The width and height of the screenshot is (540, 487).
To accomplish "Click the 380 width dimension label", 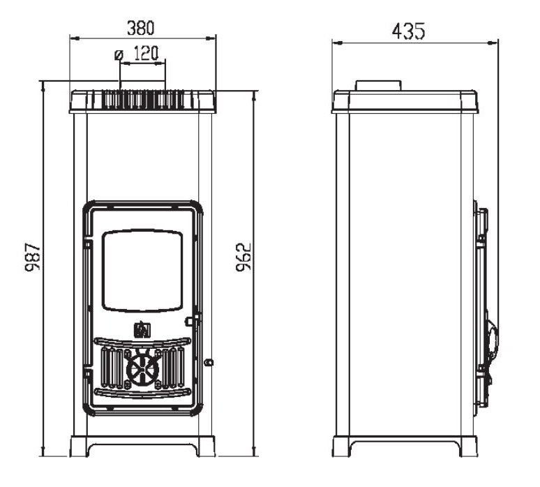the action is (141, 28).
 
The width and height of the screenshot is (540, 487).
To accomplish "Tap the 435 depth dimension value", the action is (408, 31).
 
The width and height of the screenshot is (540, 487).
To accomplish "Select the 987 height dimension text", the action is (33, 257).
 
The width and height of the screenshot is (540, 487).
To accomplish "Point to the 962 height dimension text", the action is (243, 257).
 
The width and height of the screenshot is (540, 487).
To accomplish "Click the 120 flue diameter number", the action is (146, 54).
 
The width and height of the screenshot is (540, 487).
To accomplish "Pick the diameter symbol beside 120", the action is (119, 54).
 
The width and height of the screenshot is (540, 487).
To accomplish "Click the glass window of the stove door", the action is (142, 271).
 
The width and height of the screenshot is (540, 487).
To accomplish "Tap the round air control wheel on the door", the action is (142, 368).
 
